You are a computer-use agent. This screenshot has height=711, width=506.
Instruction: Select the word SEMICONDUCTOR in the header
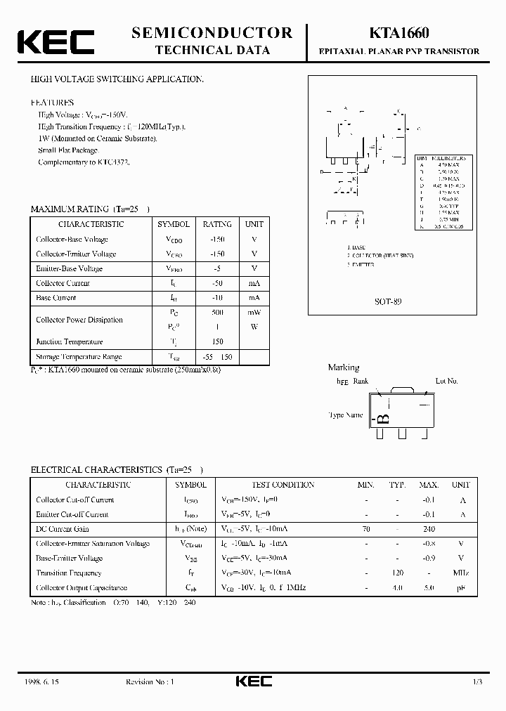[212, 32]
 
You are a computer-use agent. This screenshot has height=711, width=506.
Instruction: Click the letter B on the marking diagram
[384, 419]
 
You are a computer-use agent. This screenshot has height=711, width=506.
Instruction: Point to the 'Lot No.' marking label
[447, 381]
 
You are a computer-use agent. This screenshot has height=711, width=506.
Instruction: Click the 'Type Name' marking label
[346, 415]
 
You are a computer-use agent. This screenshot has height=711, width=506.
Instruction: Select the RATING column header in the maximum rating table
[216, 224]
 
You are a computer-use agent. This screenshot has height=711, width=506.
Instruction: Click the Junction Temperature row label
[70, 342]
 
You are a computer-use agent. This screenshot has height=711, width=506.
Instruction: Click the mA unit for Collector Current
[254, 283]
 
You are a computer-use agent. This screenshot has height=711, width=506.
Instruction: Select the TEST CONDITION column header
[283, 485]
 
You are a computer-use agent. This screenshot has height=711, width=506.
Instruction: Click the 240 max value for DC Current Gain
[429, 529]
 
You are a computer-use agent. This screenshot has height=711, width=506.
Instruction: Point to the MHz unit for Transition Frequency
[461, 573]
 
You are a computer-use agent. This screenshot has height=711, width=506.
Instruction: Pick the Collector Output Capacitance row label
[82, 587]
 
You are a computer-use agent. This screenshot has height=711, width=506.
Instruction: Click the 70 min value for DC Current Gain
[366, 529]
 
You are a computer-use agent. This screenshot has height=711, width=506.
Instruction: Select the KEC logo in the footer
[253, 681]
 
